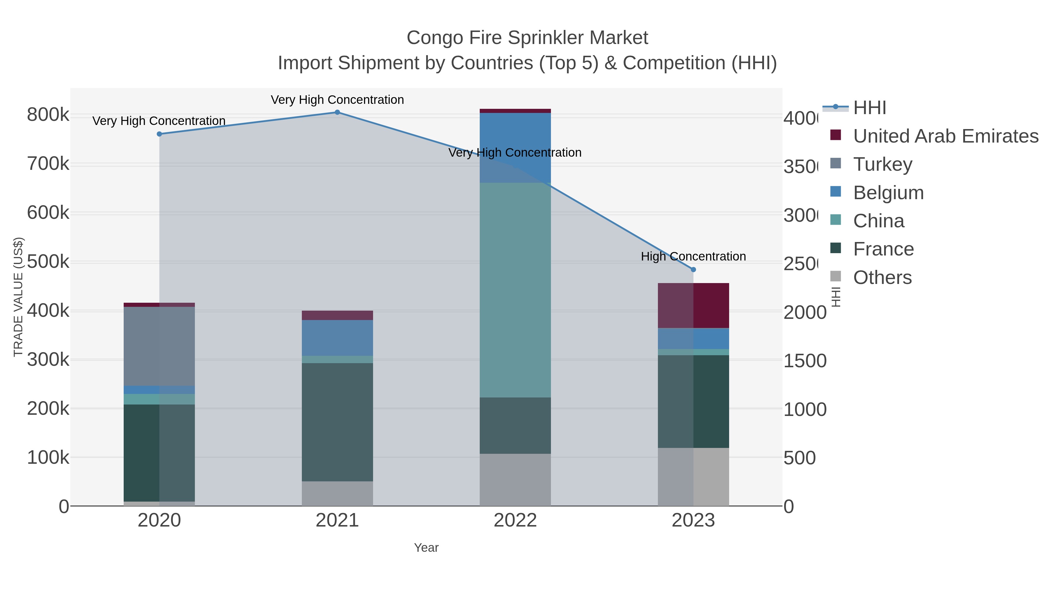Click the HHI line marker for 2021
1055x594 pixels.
[x=337, y=112]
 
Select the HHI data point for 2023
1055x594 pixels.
[x=693, y=270]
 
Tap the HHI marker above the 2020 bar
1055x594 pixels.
[x=159, y=134]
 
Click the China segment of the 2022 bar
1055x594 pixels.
[x=515, y=290]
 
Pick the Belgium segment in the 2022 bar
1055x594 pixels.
[x=515, y=148]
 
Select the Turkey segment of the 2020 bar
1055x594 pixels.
[x=159, y=346]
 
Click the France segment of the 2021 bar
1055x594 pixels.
[x=337, y=422]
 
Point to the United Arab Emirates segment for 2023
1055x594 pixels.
[x=693, y=305]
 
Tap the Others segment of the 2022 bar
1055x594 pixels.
[x=515, y=479]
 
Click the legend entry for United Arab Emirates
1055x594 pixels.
[x=945, y=136]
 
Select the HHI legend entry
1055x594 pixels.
[x=869, y=108]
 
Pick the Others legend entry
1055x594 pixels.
[x=882, y=277]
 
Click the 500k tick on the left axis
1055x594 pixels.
[x=48, y=262]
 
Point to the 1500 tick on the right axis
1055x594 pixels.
[x=804, y=361]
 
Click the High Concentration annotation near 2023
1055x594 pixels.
[x=693, y=257]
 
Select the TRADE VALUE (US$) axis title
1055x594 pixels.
[x=18, y=297]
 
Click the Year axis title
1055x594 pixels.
[x=426, y=548]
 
